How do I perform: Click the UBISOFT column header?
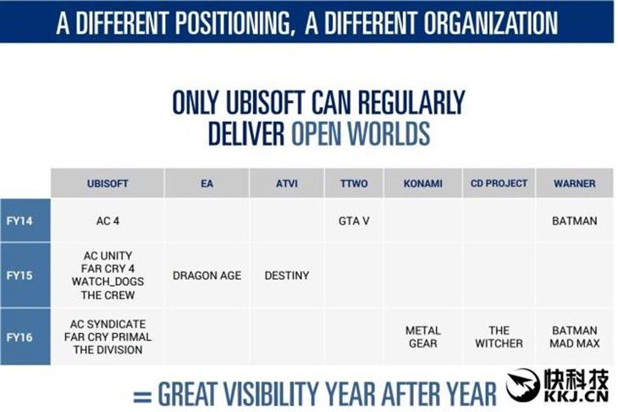click(108, 183)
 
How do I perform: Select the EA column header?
click(207, 183)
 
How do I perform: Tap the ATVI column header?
click(286, 183)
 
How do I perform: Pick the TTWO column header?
click(354, 183)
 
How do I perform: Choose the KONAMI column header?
click(423, 183)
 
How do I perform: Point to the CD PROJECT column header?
click(499, 183)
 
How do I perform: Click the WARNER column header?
click(574, 183)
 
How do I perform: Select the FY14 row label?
click(19, 220)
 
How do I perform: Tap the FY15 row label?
click(19, 275)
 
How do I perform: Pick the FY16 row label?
click(19, 337)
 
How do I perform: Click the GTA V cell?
click(354, 221)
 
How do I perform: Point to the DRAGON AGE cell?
click(207, 276)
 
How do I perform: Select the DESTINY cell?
click(286, 276)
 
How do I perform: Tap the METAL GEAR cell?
click(423, 337)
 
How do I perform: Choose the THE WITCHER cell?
click(499, 337)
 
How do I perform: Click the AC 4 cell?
click(108, 221)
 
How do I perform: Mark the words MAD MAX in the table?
click(574, 343)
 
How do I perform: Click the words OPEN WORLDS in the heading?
click(361, 133)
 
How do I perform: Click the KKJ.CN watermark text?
click(577, 396)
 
